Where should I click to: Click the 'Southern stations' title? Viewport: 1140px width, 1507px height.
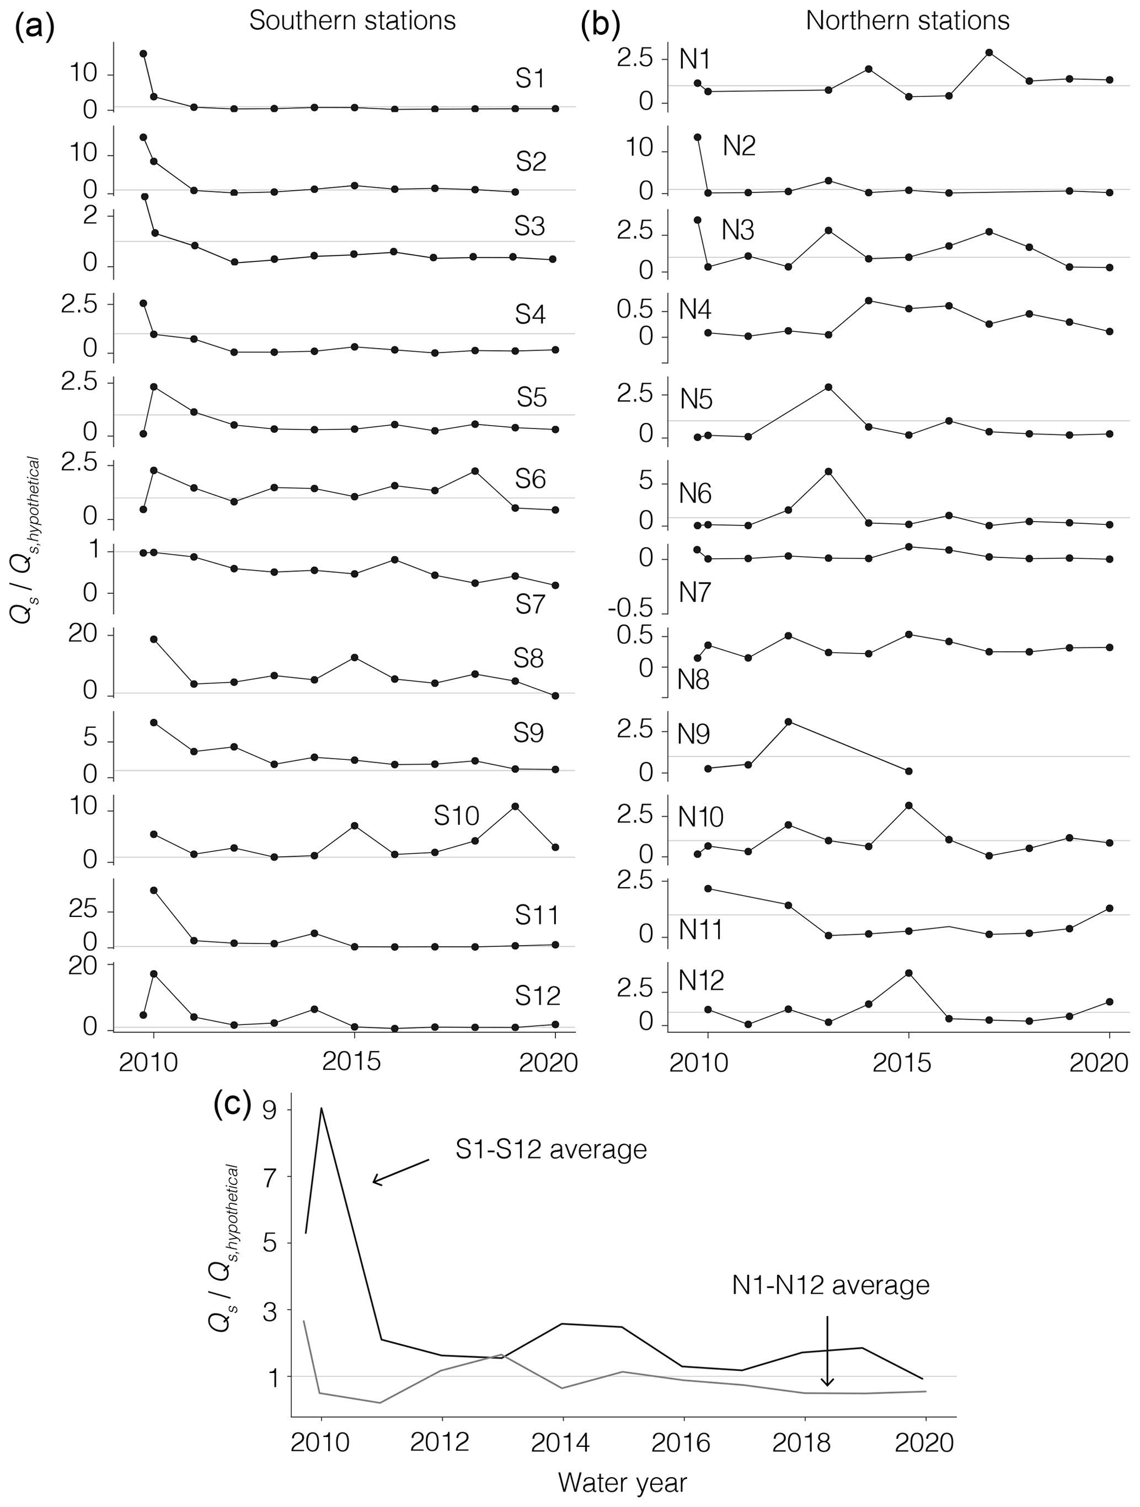(352, 21)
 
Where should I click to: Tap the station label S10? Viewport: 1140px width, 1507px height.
(457, 816)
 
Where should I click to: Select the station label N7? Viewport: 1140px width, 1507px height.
(695, 593)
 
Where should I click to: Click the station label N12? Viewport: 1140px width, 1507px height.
(701, 980)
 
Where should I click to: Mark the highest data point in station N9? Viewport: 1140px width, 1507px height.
(788, 721)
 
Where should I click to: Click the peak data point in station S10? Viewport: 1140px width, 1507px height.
(515, 807)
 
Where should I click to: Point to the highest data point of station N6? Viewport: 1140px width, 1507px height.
(828, 471)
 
